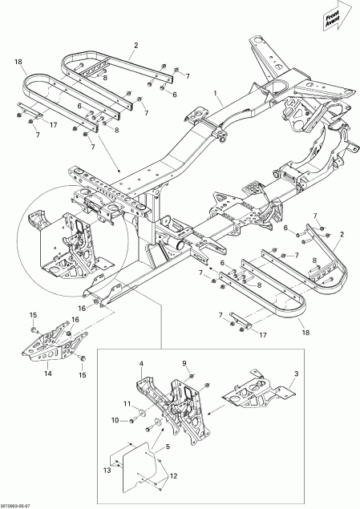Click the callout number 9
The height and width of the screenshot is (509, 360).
point(184,363)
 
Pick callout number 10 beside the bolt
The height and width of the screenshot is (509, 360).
point(114,420)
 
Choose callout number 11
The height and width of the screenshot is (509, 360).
point(126,402)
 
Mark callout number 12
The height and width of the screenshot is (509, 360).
point(170,475)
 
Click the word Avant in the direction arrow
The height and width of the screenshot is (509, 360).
point(333,22)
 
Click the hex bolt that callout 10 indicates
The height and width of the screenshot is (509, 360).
point(131,420)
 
